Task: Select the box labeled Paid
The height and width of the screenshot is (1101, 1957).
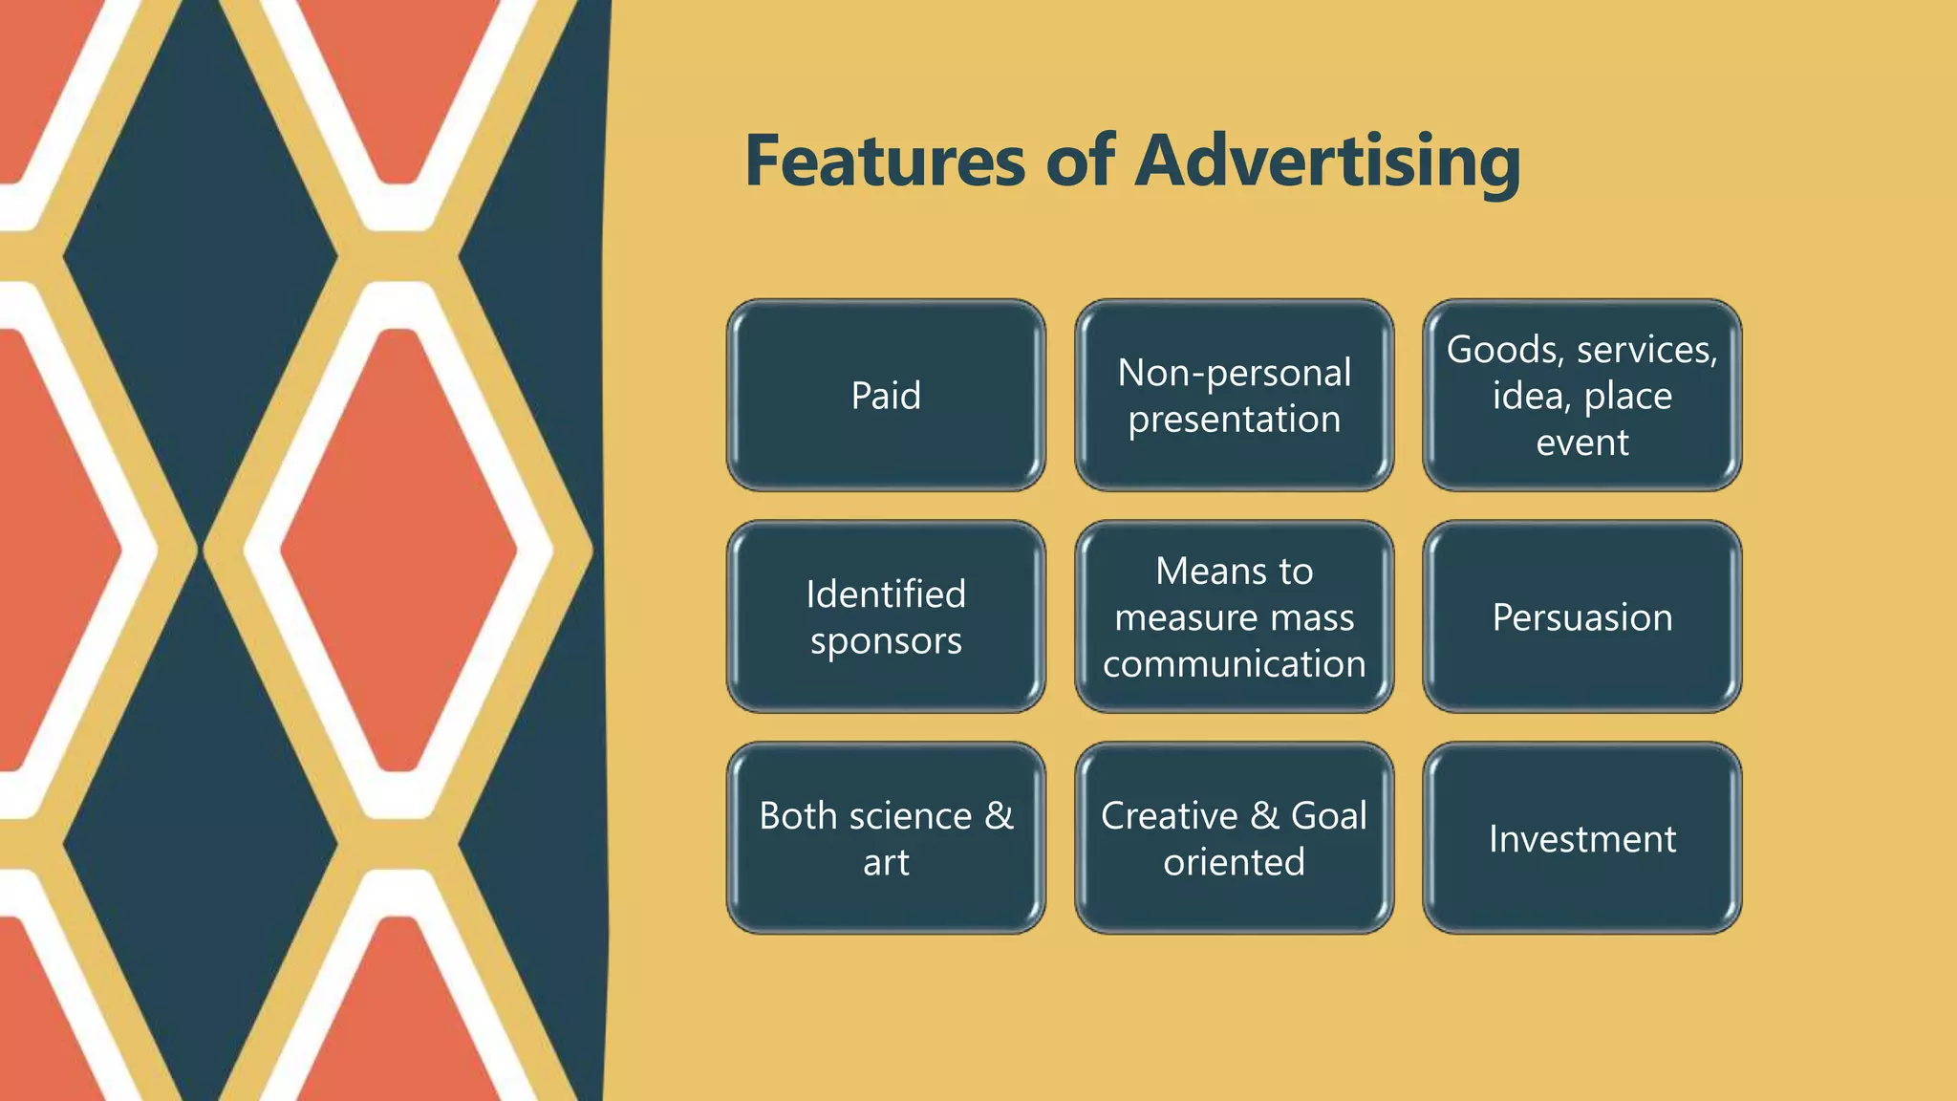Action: (886, 396)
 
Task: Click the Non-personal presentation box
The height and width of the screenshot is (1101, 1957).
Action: (1234, 396)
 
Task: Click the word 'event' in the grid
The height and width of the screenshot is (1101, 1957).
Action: (1582, 443)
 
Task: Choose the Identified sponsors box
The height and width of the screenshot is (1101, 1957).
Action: (886, 616)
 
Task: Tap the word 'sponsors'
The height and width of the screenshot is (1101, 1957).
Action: (886, 641)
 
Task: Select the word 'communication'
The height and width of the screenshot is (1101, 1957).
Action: (1234, 664)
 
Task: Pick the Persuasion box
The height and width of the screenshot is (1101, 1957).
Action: (1582, 617)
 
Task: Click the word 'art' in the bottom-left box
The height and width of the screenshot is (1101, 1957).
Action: (886, 863)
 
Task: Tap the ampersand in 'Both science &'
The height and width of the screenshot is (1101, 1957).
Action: (999, 816)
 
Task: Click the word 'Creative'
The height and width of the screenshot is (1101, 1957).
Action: (1169, 816)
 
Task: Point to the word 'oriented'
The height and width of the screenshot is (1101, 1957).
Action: (1234, 863)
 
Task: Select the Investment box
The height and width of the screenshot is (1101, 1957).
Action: (1582, 839)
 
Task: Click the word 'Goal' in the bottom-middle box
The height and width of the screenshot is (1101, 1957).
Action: (1328, 816)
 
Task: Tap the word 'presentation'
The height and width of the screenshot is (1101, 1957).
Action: (1234, 420)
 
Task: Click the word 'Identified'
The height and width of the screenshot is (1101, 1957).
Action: (886, 594)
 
